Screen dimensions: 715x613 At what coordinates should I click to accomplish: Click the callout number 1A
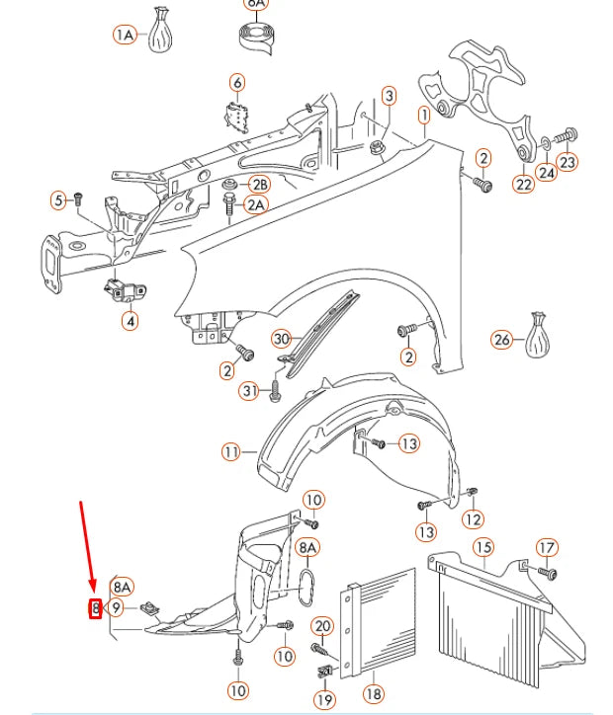pyautogui.click(x=125, y=35)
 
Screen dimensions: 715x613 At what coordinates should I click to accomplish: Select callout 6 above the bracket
pyautogui.click(x=237, y=82)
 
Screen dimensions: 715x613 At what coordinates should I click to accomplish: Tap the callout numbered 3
pyautogui.click(x=390, y=96)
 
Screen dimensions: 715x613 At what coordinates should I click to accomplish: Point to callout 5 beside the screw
pyautogui.click(x=58, y=200)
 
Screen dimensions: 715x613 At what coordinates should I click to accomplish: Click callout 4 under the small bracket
pyautogui.click(x=131, y=320)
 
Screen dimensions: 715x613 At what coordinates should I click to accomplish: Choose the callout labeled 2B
pyautogui.click(x=259, y=185)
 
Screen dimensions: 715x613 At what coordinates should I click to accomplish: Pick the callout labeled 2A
pyautogui.click(x=256, y=205)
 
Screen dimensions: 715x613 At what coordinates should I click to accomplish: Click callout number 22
pyautogui.click(x=524, y=184)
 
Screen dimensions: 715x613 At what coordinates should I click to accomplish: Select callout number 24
pyautogui.click(x=547, y=172)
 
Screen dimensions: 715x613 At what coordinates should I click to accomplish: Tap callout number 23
pyautogui.click(x=568, y=161)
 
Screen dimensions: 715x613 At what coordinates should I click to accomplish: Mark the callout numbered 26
pyautogui.click(x=502, y=340)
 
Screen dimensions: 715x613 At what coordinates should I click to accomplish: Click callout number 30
pyautogui.click(x=282, y=339)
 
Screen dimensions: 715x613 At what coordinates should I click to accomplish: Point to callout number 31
pyautogui.click(x=250, y=392)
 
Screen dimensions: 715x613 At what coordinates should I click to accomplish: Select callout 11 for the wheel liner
pyautogui.click(x=231, y=452)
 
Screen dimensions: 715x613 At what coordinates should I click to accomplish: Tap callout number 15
pyautogui.click(x=482, y=547)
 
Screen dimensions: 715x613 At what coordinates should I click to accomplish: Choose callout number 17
pyautogui.click(x=547, y=547)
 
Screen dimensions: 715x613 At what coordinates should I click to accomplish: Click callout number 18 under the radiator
pyautogui.click(x=374, y=694)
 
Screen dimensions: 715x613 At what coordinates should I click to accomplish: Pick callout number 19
pyautogui.click(x=324, y=699)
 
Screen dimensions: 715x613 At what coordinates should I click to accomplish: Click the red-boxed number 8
pyautogui.click(x=96, y=608)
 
